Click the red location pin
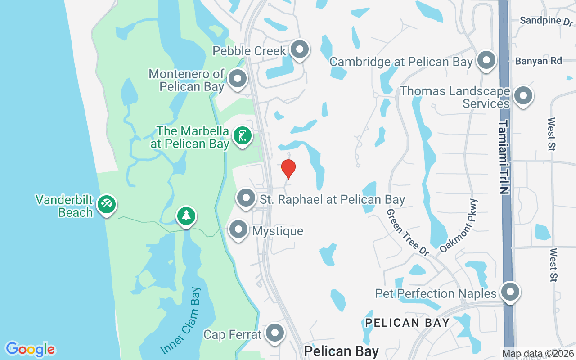[288, 168]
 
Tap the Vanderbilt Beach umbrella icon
[106, 204]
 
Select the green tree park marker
[186, 216]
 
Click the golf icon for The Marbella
[243, 135]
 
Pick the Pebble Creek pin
[300, 49]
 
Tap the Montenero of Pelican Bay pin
[237, 79]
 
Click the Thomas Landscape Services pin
[523, 95]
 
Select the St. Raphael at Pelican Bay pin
[246, 198]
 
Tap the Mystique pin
[238, 230]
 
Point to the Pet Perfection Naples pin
[510, 292]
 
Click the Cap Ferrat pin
[274, 333]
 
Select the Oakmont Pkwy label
[459, 225]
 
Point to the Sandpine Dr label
[546, 21]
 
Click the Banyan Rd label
[539, 61]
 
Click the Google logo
[30, 349]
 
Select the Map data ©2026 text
[538, 354]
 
